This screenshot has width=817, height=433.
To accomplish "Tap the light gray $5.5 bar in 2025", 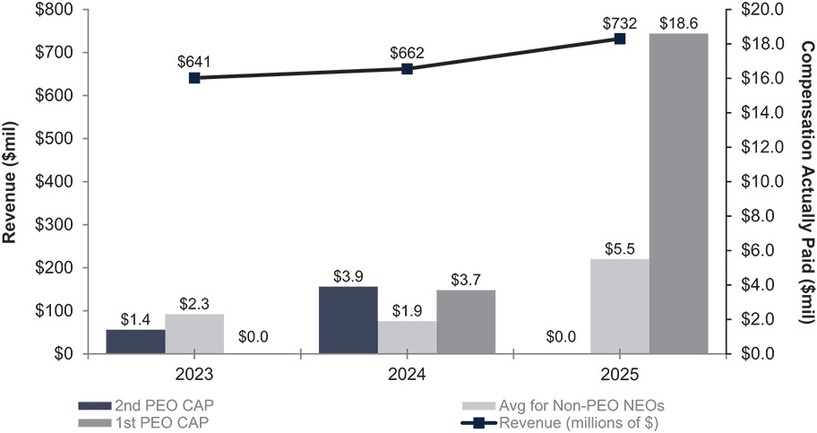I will tap(619, 306).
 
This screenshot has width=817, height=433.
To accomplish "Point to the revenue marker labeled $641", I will tap(194, 78).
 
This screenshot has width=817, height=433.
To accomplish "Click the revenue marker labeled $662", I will tap(407, 69).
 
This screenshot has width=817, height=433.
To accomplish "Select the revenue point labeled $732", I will tap(619, 39).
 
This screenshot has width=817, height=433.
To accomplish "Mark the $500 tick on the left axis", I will tap(55, 138).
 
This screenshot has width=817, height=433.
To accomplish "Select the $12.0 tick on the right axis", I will tap(763, 147).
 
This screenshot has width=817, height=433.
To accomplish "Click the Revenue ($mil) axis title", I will tap(13, 180).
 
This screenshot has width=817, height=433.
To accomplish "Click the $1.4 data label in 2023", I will tap(135, 319).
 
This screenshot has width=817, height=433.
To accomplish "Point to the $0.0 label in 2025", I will tap(560, 338).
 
